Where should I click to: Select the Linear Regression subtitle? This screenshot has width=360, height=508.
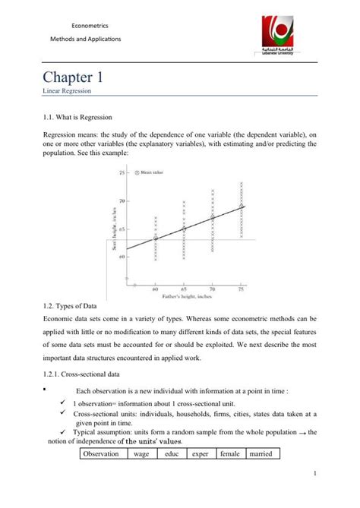coord(68,91)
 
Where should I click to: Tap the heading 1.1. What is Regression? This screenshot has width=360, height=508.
coord(77,118)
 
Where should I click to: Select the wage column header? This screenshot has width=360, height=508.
coord(141,454)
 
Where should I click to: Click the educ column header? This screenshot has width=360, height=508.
coord(171,454)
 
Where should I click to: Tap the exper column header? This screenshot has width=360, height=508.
coord(200,454)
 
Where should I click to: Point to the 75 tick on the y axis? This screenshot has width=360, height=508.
coord(121,172)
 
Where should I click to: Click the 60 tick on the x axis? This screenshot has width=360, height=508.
coord(154,289)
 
